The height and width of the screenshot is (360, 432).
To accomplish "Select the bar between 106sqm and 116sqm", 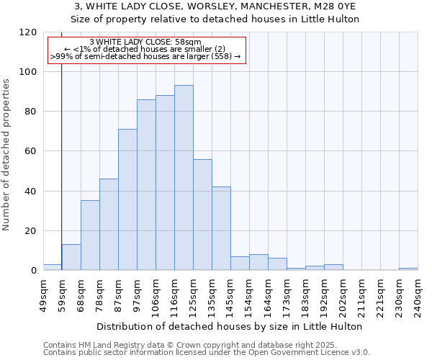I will click(x=165, y=183).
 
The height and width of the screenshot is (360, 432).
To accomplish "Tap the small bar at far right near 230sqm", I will click(x=408, y=269).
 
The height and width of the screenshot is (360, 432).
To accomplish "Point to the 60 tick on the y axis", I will click(x=30, y=151).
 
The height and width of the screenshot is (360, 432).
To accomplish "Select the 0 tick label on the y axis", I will click(x=33, y=271).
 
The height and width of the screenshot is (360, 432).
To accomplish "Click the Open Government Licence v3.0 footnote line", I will click(x=207, y=353).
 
